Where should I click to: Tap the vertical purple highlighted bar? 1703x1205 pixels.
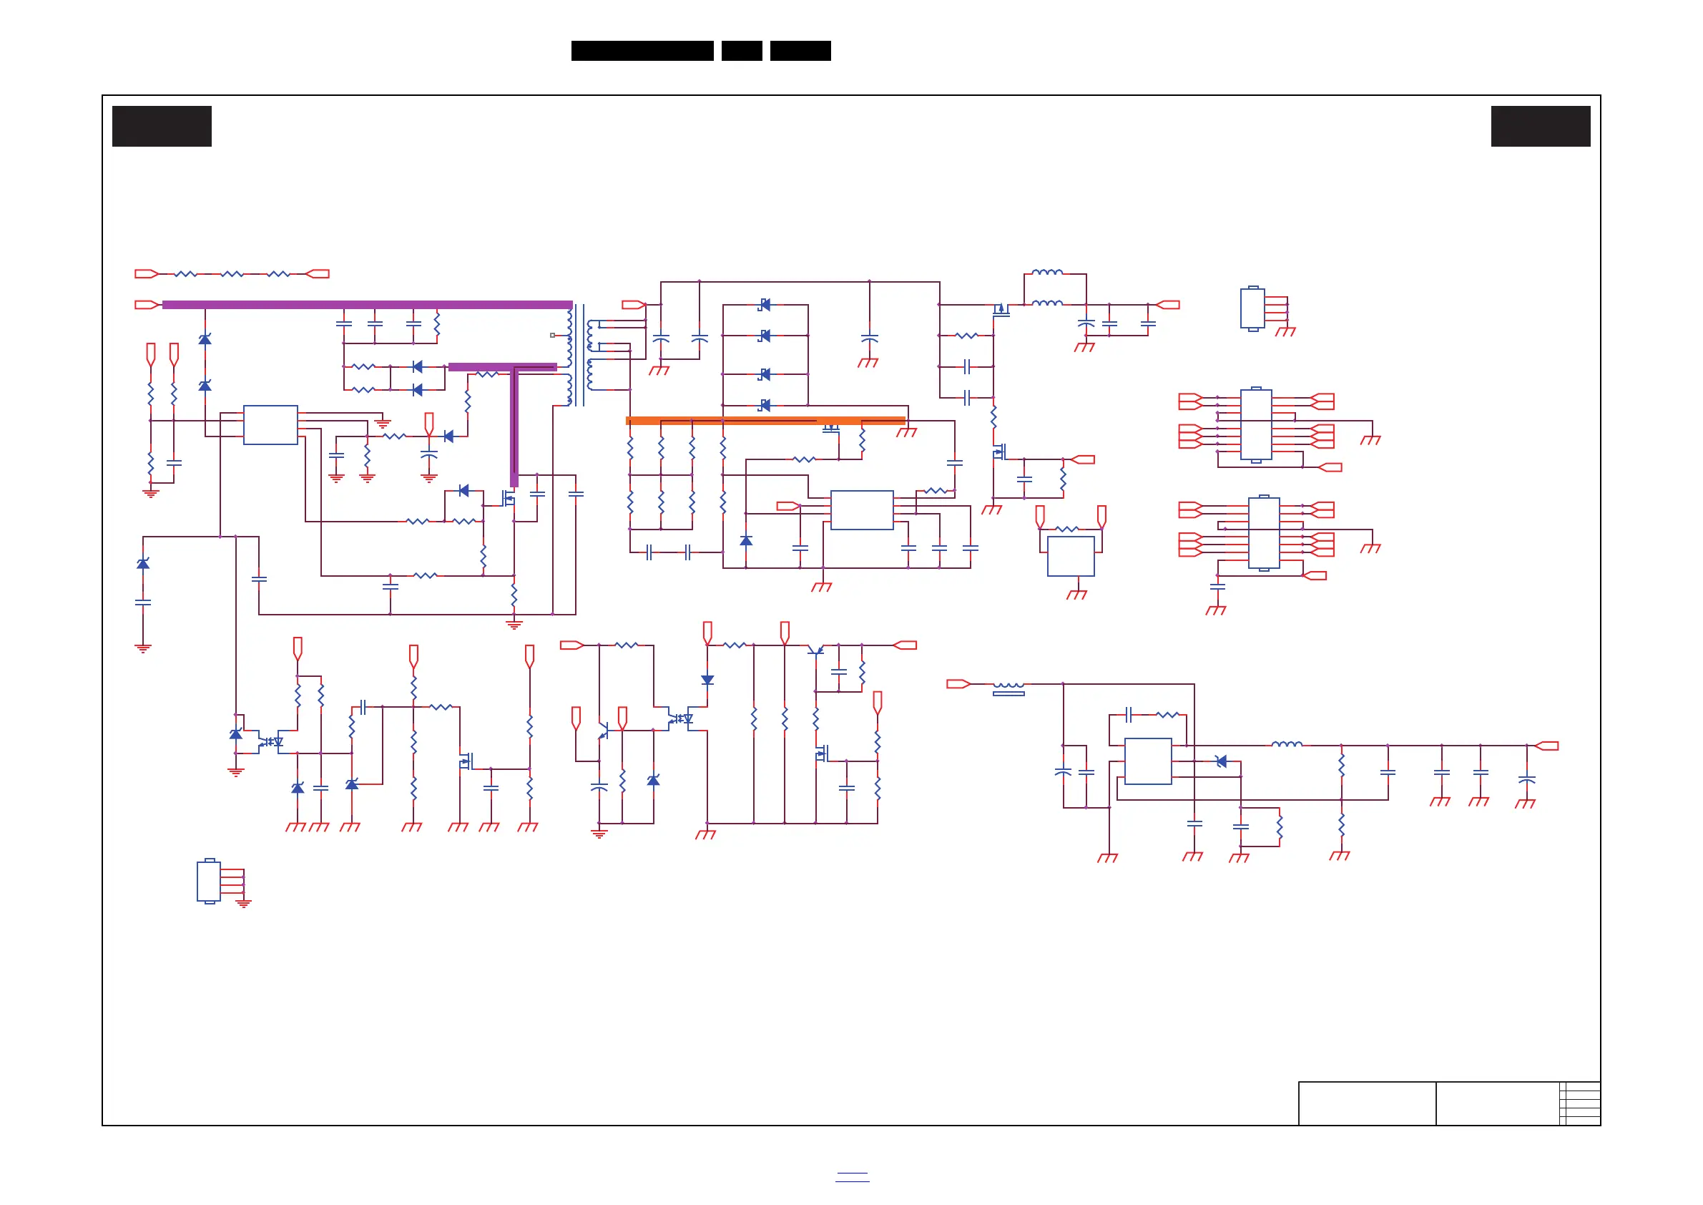(514, 426)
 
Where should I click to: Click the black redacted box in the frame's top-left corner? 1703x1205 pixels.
(162, 126)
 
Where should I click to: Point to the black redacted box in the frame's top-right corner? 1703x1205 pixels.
(1541, 126)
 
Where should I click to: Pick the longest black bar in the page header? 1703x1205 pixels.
(642, 51)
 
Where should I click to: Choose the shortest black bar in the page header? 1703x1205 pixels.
(742, 51)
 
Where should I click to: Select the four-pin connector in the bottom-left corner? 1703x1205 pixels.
(209, 881)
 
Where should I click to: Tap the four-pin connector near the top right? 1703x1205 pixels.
(1253, 308)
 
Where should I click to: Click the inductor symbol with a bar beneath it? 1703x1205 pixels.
(1008, 688)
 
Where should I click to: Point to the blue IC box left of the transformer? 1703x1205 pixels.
(271, 425)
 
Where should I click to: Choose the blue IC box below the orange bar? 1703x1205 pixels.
(862, 509)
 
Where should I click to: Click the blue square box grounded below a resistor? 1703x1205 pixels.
(1070, 556)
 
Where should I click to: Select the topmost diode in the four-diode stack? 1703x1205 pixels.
(765, 305)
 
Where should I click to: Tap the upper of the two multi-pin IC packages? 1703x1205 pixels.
(1256, 425)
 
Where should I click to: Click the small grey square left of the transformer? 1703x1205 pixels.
(553, 336)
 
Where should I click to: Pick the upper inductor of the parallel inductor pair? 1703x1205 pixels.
(1047, 273)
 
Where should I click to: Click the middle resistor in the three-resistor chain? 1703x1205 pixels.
(232, 274)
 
